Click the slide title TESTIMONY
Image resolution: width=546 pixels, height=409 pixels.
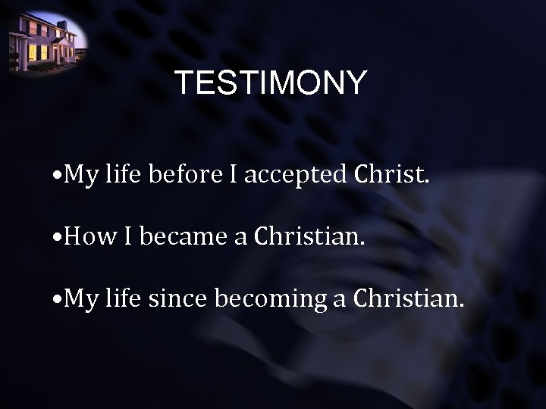point(270,83)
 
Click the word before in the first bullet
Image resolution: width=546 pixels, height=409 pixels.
point(182,177)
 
